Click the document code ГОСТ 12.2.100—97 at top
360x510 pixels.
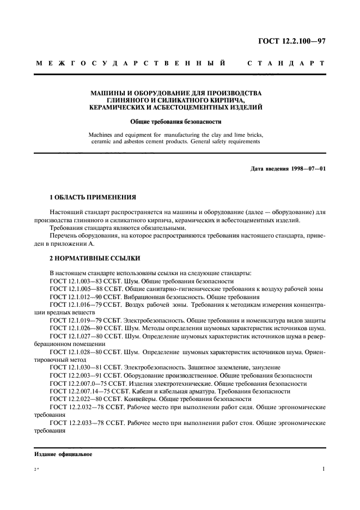293,41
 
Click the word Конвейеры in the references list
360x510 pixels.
141,399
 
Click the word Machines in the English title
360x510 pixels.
101,134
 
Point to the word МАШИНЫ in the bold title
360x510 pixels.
107,93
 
